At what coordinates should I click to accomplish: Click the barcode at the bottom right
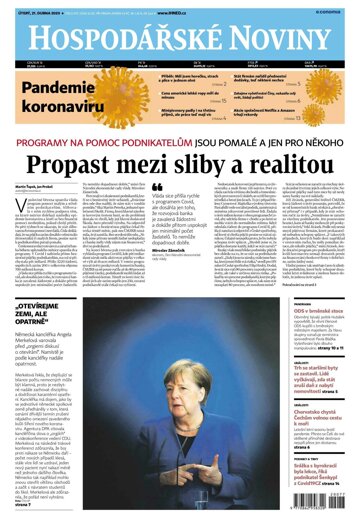[327, 494]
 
